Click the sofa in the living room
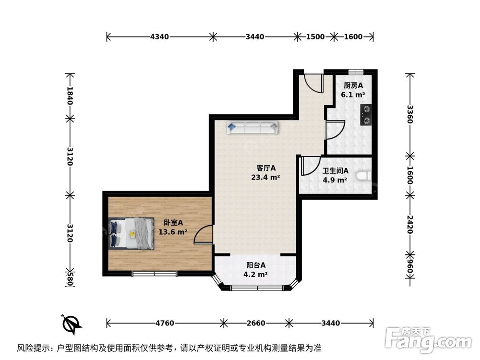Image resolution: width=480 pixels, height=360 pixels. pos(252,128)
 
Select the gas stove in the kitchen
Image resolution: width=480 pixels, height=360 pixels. pos(366,115)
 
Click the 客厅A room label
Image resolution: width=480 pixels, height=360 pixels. pos(265,168)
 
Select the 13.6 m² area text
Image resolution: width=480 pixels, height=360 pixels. pos(173,232)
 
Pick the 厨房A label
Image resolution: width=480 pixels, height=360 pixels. pos(353,85)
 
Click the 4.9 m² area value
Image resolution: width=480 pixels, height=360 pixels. pos(335,180)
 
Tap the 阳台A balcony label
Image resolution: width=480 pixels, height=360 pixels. pos(256,265)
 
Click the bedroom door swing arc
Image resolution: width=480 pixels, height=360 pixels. pos(204,235)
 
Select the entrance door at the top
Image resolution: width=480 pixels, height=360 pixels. pos(314,84)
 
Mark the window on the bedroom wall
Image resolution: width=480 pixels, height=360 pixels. pos(154,274)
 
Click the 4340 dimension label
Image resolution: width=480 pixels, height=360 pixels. pos(159,36)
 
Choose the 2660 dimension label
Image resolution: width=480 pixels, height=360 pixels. pos(255,323)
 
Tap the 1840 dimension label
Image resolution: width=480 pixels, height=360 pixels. pos(70,96)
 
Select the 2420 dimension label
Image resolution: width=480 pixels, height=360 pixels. pos(409,223)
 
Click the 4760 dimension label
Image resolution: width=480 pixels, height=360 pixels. pos(164,323)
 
